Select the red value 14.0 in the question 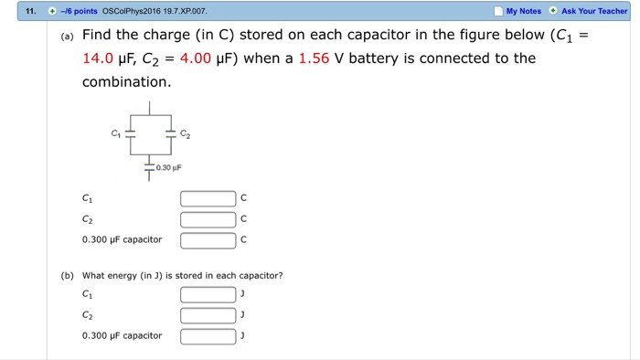click(101, 58)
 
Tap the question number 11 click(30, 11)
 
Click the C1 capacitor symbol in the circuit click(131, 133)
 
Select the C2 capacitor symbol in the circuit click(170, 133)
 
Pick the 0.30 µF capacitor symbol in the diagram click(150, 167)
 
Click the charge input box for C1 click(208, 198)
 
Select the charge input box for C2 click(208, 219)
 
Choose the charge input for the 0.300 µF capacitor click(208, 240)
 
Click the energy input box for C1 click(208, 294)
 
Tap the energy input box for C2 click(208, 315)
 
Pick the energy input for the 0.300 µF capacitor click(208, 336)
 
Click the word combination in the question click(126, 82)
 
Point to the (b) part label click(68, 275)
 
